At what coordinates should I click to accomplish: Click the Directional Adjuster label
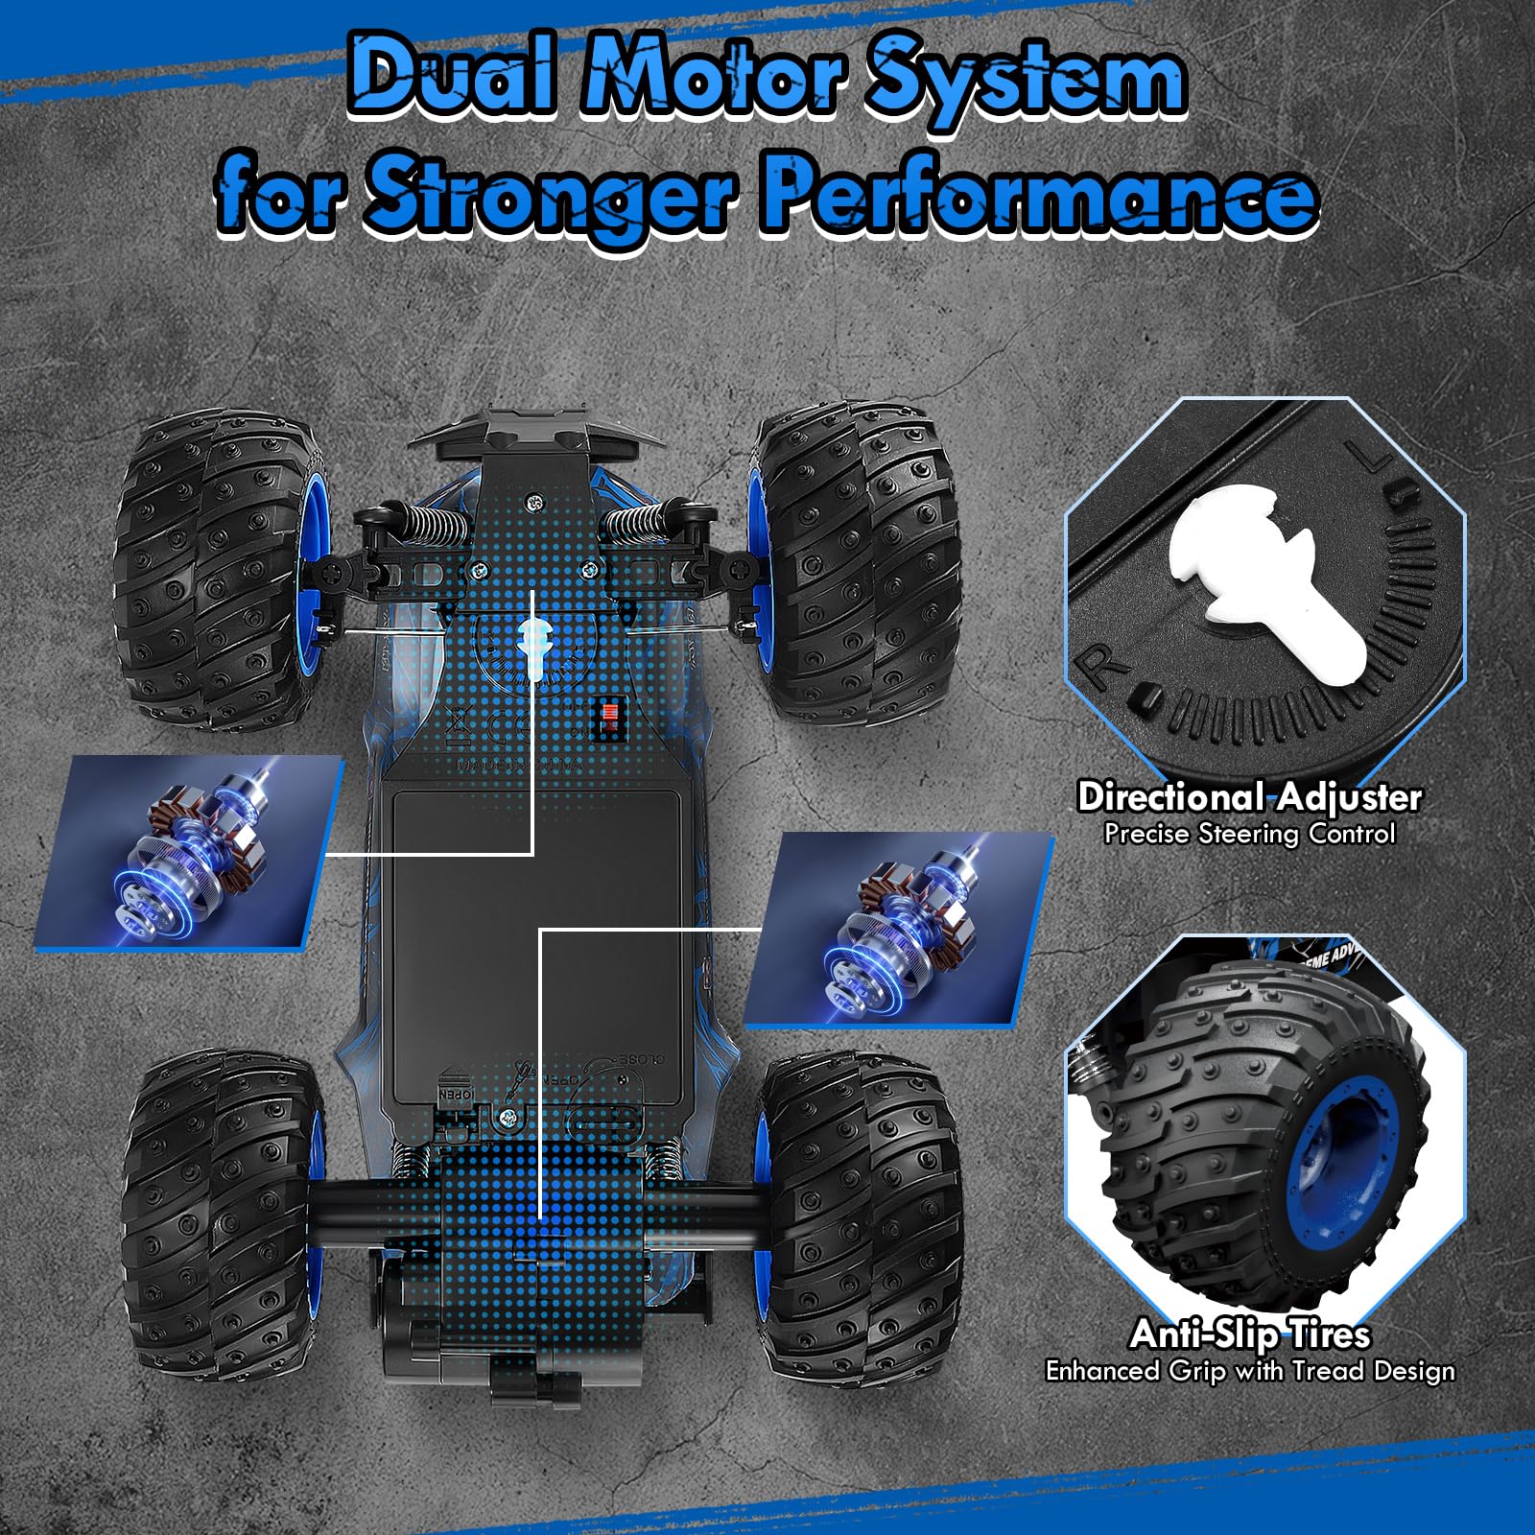tap(1249, 796)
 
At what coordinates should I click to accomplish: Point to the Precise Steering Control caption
tap(1249, 834)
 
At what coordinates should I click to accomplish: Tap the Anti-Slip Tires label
tap(1249, 1334)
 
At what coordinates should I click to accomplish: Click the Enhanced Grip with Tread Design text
tap(1249, 1371)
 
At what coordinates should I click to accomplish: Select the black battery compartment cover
tap(537, 940)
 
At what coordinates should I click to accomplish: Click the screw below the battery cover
tap(508, 1116)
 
